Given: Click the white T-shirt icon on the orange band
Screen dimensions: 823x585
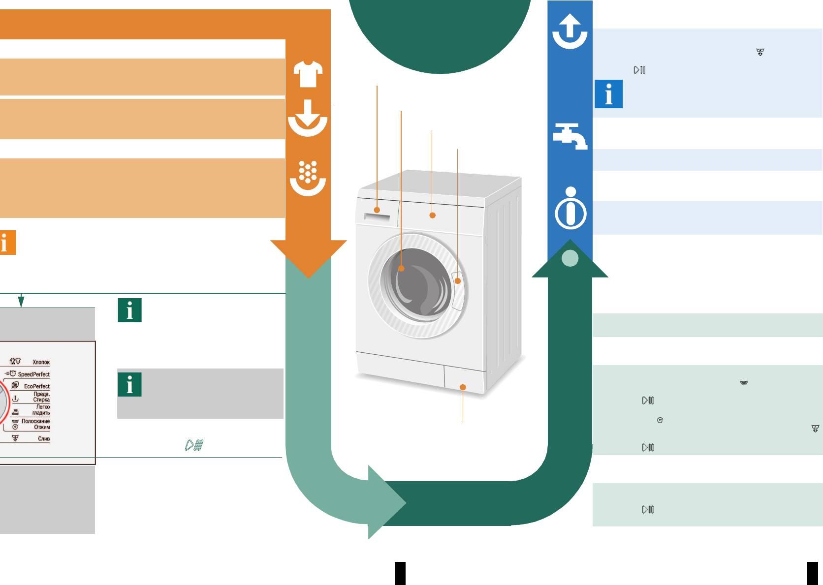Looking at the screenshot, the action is [x=308, y=74].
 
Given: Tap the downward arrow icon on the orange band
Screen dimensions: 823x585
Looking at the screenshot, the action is [x=308, y=118].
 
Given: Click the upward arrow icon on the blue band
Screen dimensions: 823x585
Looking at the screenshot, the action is [x=570, y=31].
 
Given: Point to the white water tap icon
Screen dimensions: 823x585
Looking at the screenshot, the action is [x=570, y=136].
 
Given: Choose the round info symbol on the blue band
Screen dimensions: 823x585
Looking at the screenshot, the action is [x=570, y=208].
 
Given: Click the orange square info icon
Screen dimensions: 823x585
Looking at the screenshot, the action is [x=8, y=243].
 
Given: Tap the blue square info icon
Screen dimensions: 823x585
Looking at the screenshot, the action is [x=609, y=94].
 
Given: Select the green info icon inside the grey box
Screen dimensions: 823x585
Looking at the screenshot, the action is [x=129, y=384].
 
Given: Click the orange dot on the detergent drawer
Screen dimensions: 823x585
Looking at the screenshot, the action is [x=377, y=210].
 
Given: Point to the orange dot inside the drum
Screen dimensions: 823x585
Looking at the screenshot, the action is [x=401, y=269].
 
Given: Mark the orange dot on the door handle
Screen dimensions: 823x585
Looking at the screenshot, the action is [x=458, y=281].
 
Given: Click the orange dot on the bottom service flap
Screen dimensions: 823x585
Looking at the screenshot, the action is [x=463, y=387].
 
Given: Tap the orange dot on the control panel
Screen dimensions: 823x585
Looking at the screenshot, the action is [x=433, y=216].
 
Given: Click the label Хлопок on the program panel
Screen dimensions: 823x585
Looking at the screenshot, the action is [x=41, y=362].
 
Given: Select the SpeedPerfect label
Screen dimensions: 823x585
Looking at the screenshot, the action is [x=34, y=374].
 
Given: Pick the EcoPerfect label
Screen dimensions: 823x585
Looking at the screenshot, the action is [x=37, y=386].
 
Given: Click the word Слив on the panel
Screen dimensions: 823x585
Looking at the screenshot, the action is [x=44, y=438].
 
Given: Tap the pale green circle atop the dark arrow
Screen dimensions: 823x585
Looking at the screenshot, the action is [x=570, y=258].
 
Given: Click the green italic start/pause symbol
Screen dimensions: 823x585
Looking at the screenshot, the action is [x=194, y=445].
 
